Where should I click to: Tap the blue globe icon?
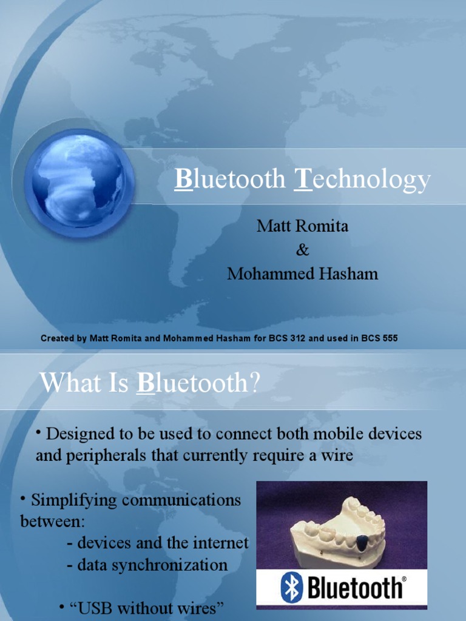(78, 181)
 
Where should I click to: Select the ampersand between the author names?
(302, 250)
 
